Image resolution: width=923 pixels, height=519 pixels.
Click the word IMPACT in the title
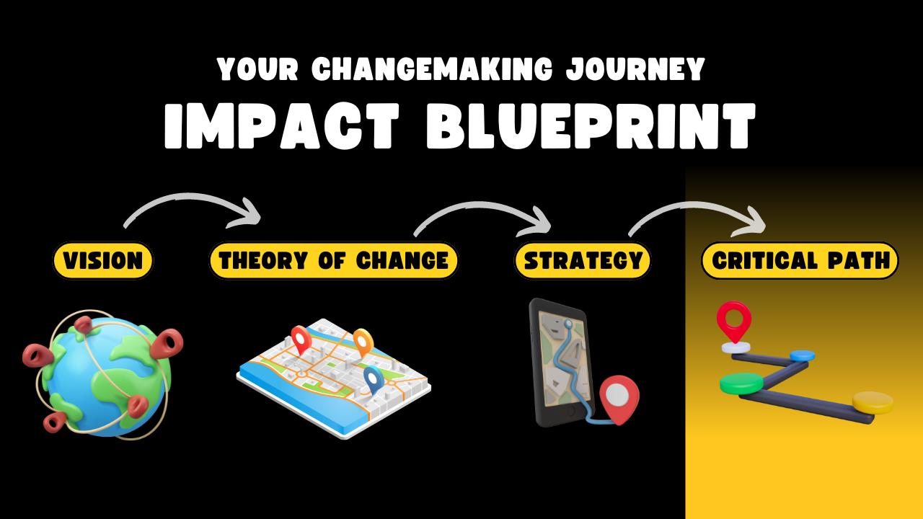282,125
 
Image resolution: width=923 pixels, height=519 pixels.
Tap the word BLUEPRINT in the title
591,125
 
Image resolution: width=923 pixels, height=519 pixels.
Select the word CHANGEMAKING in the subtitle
432,68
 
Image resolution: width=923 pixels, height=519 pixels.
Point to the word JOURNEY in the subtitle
635,68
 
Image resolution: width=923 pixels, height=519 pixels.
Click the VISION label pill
102,260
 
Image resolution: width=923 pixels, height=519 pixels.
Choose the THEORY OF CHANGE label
334,260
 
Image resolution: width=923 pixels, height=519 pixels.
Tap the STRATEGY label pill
583,260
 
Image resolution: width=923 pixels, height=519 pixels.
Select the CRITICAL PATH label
800,260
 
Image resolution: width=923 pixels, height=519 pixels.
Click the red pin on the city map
301,340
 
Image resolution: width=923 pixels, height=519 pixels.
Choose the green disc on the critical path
742,383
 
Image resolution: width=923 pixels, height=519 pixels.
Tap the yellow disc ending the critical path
873,402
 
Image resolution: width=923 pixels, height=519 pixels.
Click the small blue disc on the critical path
803,355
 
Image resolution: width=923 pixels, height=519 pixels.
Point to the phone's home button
571,411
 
